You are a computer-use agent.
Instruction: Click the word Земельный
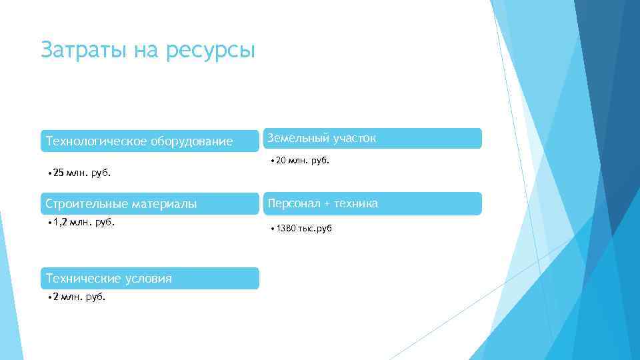(295, 138)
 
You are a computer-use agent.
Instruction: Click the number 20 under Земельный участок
(280, 160)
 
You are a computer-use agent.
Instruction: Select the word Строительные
(85, 203)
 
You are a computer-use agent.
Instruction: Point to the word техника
(357, 203)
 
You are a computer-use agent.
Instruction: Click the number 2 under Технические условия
(56, 297)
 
